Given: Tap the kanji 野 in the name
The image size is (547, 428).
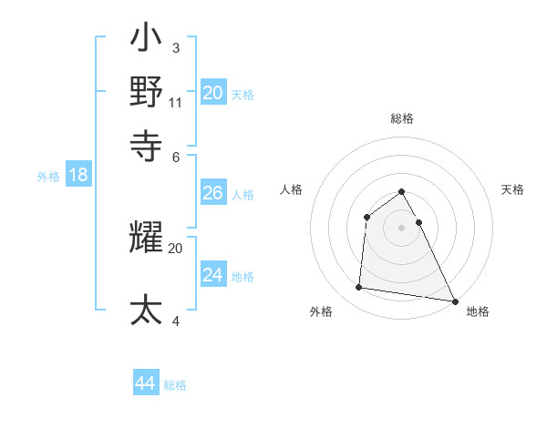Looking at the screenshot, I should [147, 91].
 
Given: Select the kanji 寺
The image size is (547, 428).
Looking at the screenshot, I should [147, 143].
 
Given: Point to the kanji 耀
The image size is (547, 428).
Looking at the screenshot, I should [147, 239].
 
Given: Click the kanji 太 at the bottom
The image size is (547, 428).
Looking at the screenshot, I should [147, 310].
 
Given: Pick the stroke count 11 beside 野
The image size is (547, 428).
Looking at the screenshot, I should [176, 102].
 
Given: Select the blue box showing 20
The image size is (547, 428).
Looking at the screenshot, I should [213, 93].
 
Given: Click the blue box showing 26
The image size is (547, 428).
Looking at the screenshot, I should [213, 193].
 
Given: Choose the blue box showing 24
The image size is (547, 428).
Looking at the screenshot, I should [213, 275].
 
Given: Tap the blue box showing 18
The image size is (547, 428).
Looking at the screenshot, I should [77, 176].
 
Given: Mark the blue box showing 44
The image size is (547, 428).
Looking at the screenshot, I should [146, 383].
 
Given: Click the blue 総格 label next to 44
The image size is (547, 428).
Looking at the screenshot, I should [175, 385].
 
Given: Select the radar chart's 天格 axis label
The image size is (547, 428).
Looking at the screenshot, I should [513, 189].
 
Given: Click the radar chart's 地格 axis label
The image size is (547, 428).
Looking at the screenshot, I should [478, 311].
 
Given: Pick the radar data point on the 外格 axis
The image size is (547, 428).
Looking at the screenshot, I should [359, 288].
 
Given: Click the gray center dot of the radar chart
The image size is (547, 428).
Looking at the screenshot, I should [401, 227].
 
